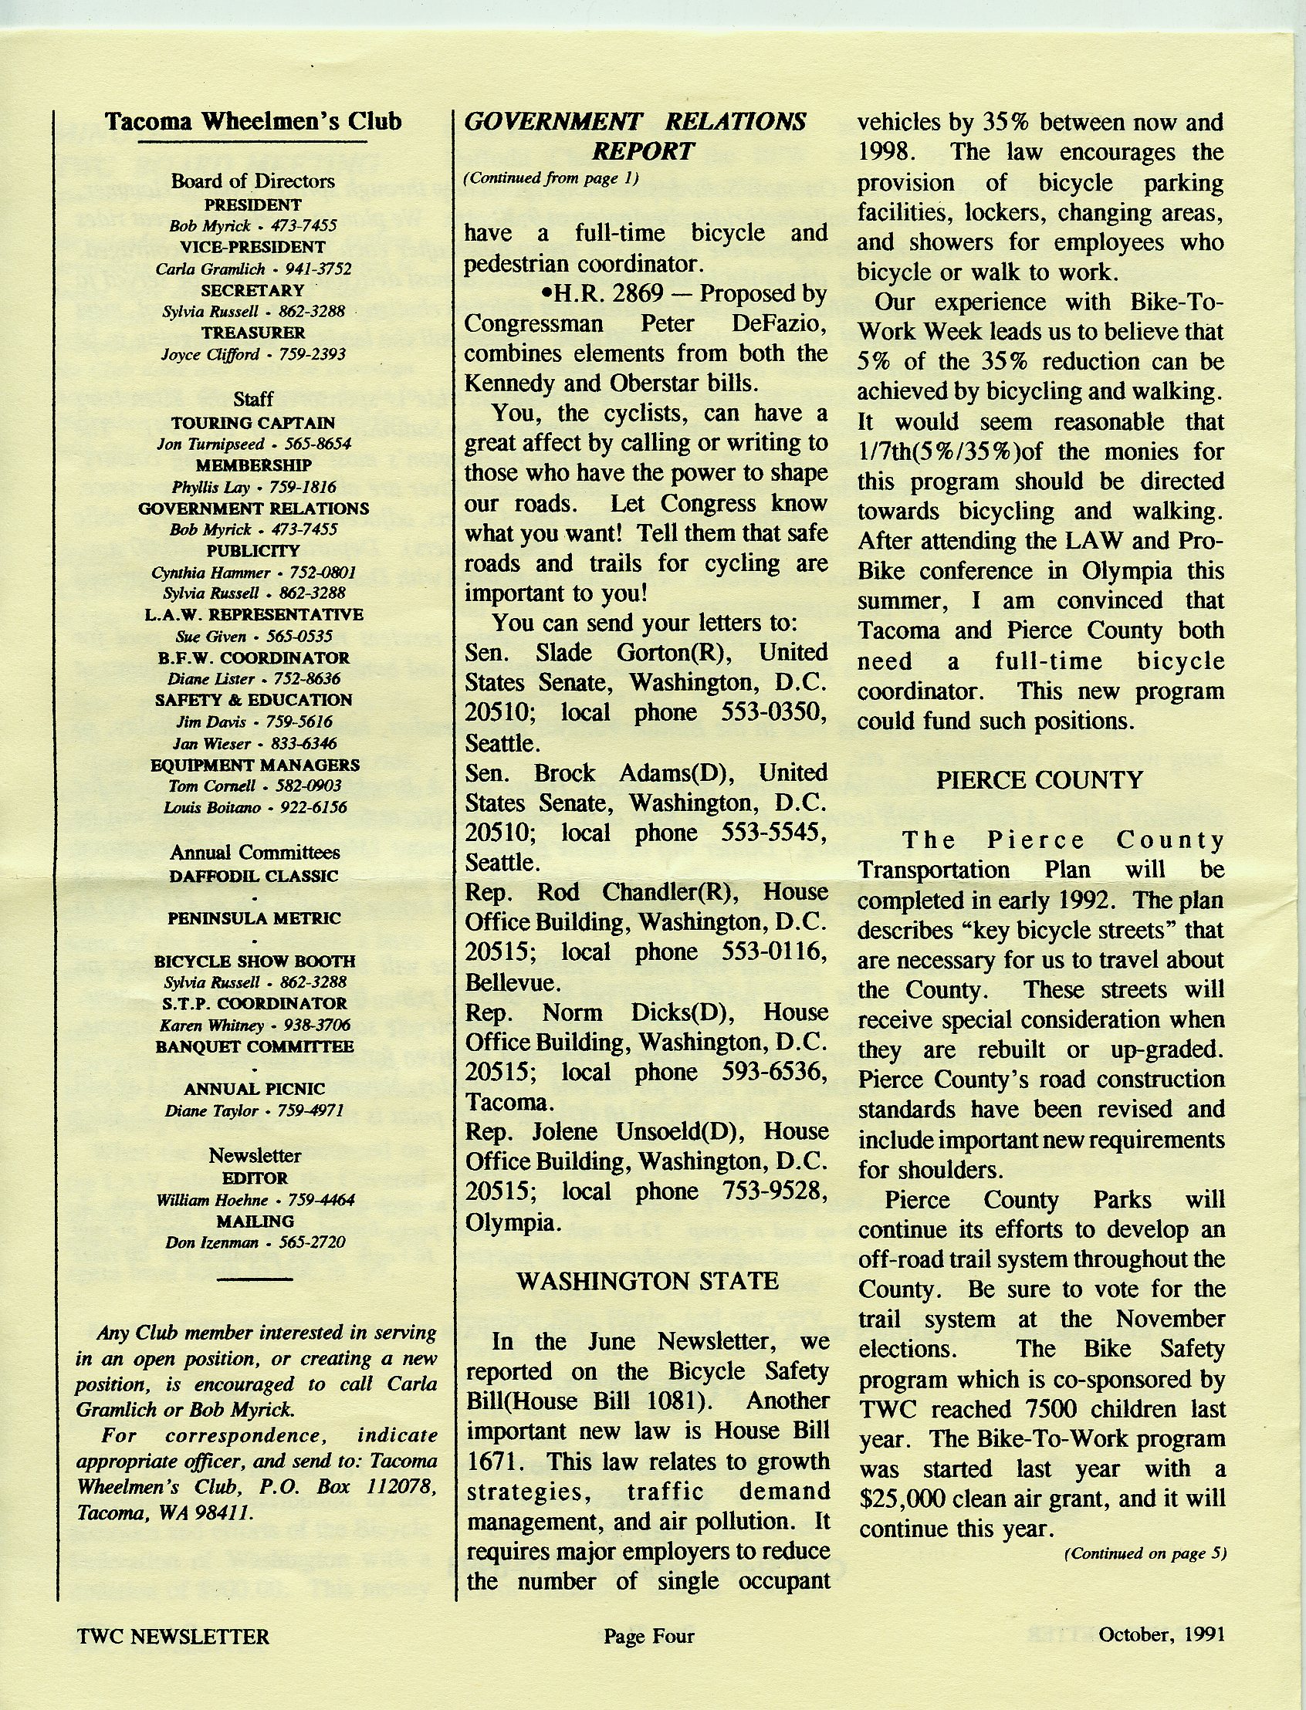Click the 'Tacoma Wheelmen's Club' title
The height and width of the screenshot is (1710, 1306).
[x=252, y=121]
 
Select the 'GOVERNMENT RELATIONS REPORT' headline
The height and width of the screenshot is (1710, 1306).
[x=635, y=135]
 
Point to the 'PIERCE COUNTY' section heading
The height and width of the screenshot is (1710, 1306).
[x=1040, y=779]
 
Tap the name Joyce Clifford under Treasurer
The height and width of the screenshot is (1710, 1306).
[x=210, y=354]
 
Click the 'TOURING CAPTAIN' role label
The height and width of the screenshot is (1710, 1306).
[x=252, y=423]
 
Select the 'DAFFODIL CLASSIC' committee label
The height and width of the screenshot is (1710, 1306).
[x=253, y=876]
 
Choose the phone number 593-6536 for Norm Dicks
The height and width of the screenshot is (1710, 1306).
[x=774, y=1072]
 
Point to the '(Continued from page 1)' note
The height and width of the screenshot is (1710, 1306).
[x=551, y=178]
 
